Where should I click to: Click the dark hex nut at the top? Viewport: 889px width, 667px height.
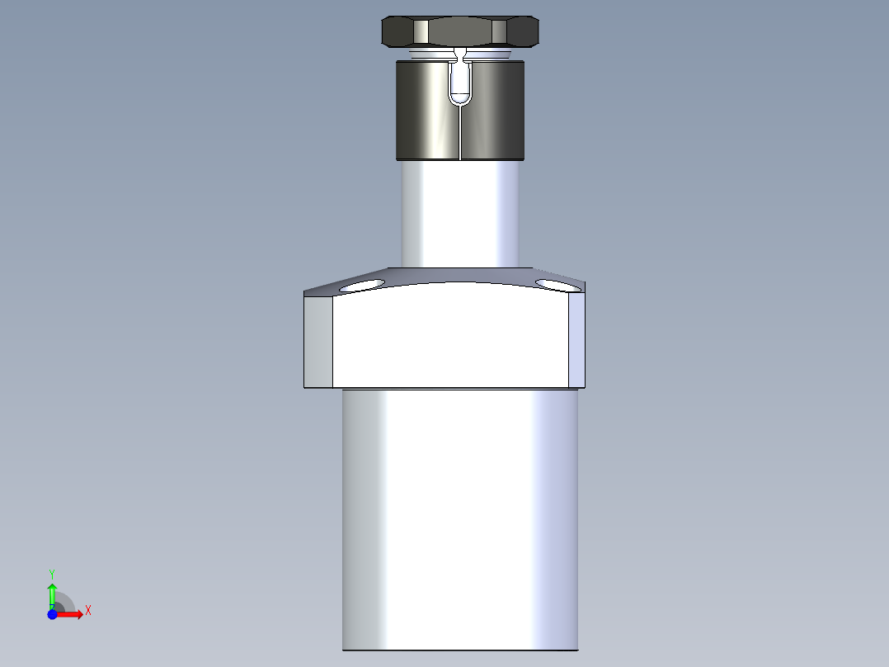click(x=460, y=31)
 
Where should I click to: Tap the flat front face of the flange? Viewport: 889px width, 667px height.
click(x=450, y=338)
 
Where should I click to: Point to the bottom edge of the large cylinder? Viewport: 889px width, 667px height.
click(x=460, y=650)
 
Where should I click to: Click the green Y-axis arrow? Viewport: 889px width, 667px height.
click(x=52, y=592)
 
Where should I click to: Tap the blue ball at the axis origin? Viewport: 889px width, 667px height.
click(x=52, y=614)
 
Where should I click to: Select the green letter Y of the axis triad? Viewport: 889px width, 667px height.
click(x=52, y=573)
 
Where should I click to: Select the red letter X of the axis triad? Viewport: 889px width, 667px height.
click(x=88, y=611)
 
